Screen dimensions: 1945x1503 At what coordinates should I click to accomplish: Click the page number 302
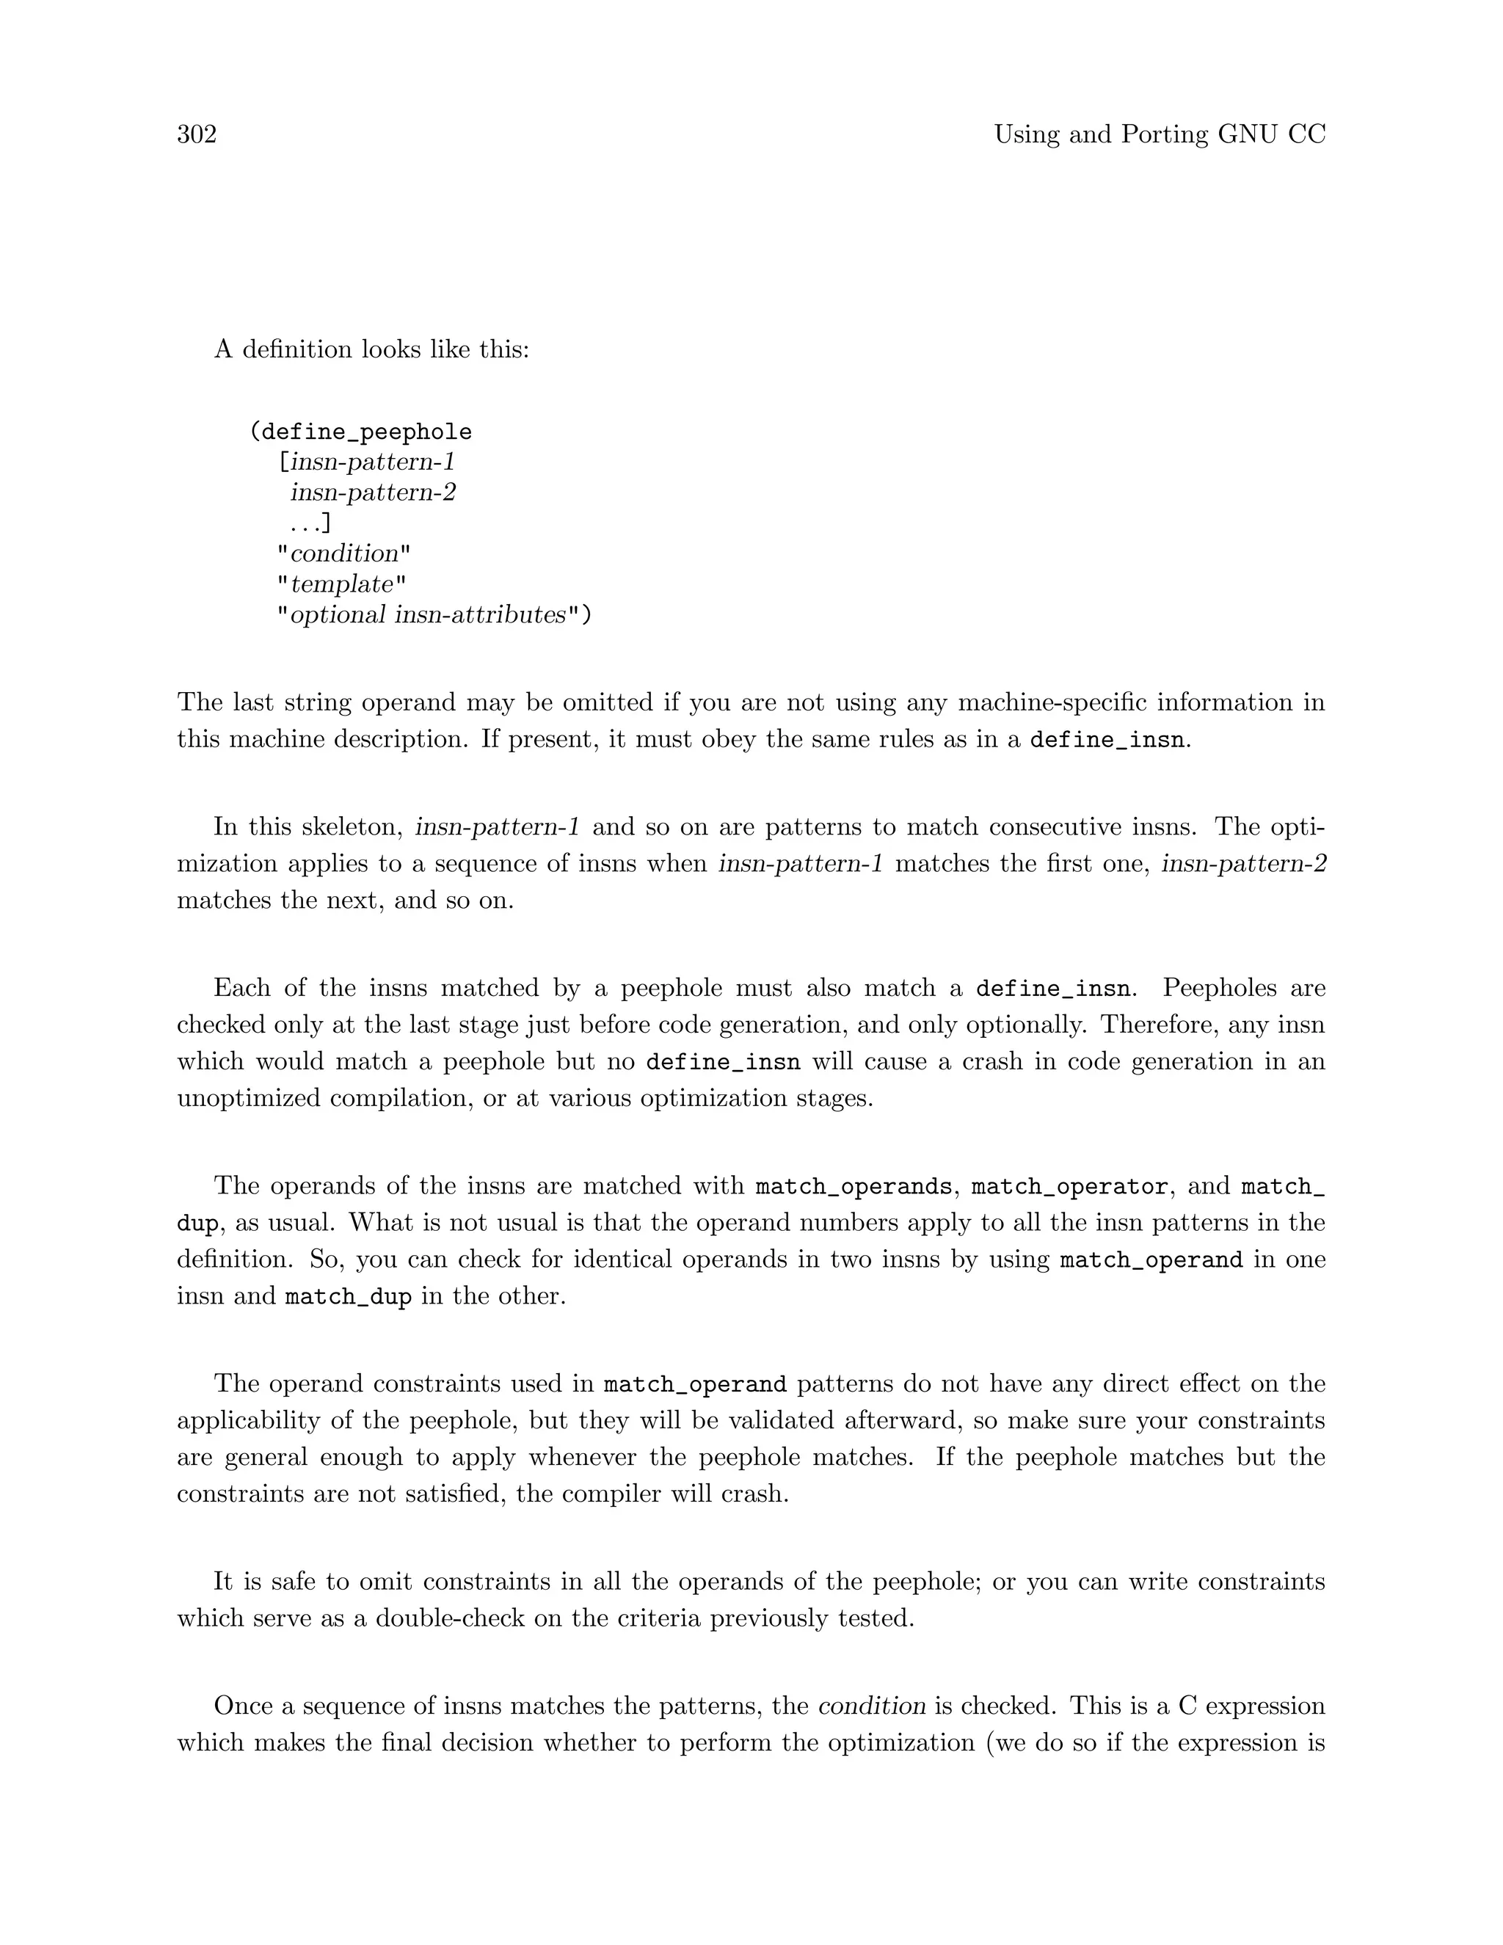[x=197, y=134]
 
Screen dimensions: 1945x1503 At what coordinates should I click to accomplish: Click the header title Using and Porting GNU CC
[x=1160, y=134]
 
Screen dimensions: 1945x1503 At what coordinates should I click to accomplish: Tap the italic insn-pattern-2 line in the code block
[x=373, y=492]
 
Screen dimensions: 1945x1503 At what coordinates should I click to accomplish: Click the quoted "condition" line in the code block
[x=343, y=554]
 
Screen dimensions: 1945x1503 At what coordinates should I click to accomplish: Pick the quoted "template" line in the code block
[x=341, y=585]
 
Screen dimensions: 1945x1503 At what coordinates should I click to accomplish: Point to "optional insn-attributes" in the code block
[x=434, y=615]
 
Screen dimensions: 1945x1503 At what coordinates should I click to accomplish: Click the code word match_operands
[x=853, y=1187]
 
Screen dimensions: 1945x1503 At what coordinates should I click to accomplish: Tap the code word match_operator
[x=1069, y=1187]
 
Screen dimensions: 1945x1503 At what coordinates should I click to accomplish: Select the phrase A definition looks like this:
[x=371, y=349]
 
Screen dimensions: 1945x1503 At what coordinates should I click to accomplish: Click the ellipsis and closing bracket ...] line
[x=310, y=523]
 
